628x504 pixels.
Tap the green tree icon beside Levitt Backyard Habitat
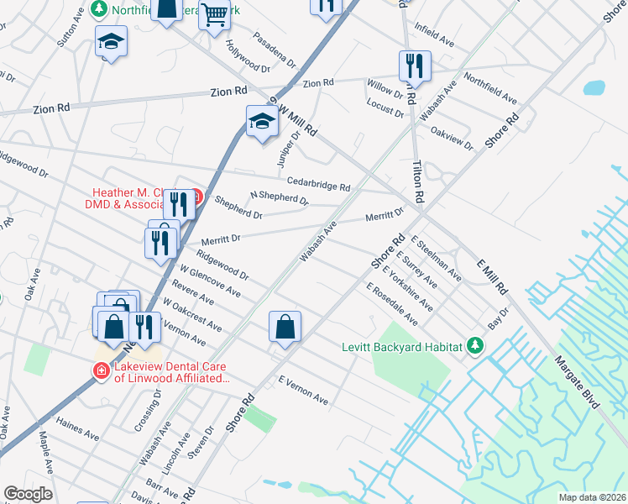475,345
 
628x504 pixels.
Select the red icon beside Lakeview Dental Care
101,370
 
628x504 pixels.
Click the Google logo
28,494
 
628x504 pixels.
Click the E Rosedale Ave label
391,304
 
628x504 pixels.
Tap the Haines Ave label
78,429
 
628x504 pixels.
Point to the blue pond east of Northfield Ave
594,87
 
